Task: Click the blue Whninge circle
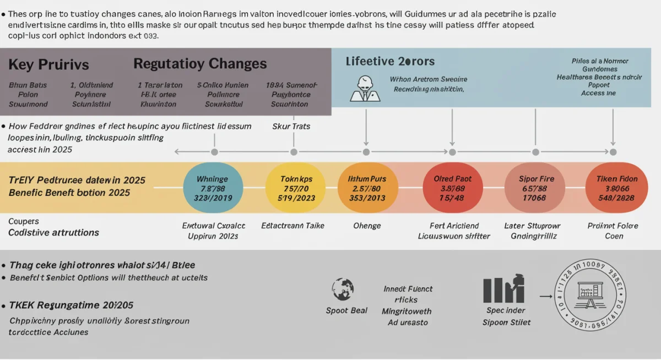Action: [212, 188]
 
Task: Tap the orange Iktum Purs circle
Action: [367, 188]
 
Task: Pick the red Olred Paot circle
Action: [452, 188]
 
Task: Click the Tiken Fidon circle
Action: [616, 188]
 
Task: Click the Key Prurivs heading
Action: [48, 64]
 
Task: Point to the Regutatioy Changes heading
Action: [200, 64]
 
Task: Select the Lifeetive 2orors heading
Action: [390, 61]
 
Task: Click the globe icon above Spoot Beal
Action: [343, 289]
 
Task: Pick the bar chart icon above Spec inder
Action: [503, 289]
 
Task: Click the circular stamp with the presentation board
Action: [590, 294]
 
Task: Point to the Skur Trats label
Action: [291, 126]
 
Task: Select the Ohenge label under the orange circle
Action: [367, 226]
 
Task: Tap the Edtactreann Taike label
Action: [292, 226]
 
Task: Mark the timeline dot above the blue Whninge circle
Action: [214, 152]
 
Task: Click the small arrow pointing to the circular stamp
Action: [545, 296]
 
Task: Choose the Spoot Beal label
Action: [346, 310]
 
